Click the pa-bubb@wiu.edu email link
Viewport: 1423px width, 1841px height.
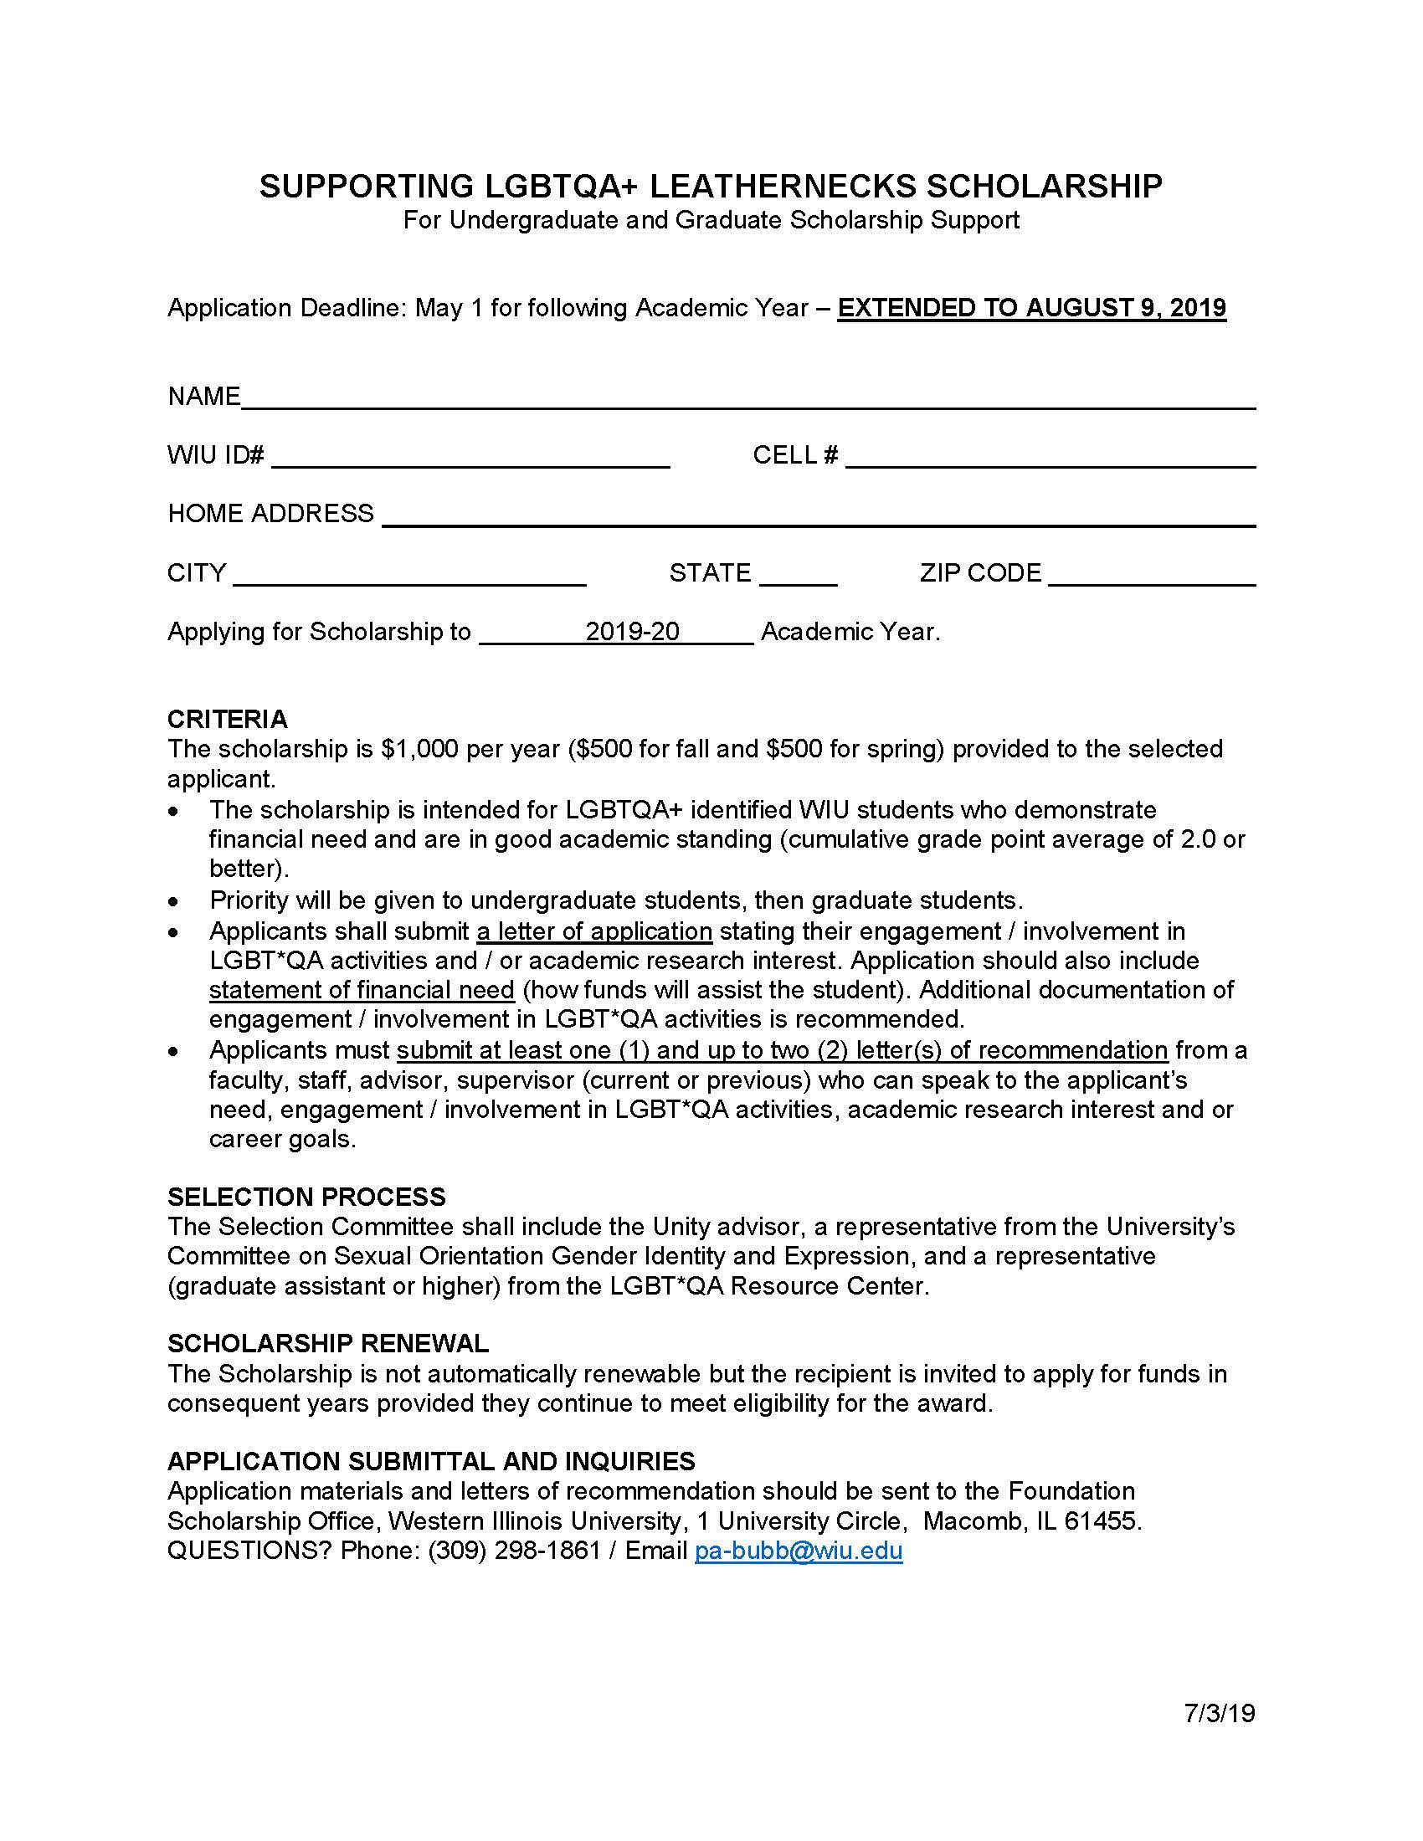798,1551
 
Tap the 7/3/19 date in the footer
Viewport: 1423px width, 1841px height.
1219,1713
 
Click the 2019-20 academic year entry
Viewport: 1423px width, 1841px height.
632,631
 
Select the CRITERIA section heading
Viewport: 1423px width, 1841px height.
227,719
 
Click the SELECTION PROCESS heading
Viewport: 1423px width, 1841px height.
306,1197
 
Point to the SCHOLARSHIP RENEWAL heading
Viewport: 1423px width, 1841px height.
328,1344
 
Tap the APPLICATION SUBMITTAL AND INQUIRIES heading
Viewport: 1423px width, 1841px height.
431,1461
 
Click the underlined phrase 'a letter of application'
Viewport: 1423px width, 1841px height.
594,931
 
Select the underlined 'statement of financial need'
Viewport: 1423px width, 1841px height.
362,990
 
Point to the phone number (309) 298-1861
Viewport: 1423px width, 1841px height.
514,1551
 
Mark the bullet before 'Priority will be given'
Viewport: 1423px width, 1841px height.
173,902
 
